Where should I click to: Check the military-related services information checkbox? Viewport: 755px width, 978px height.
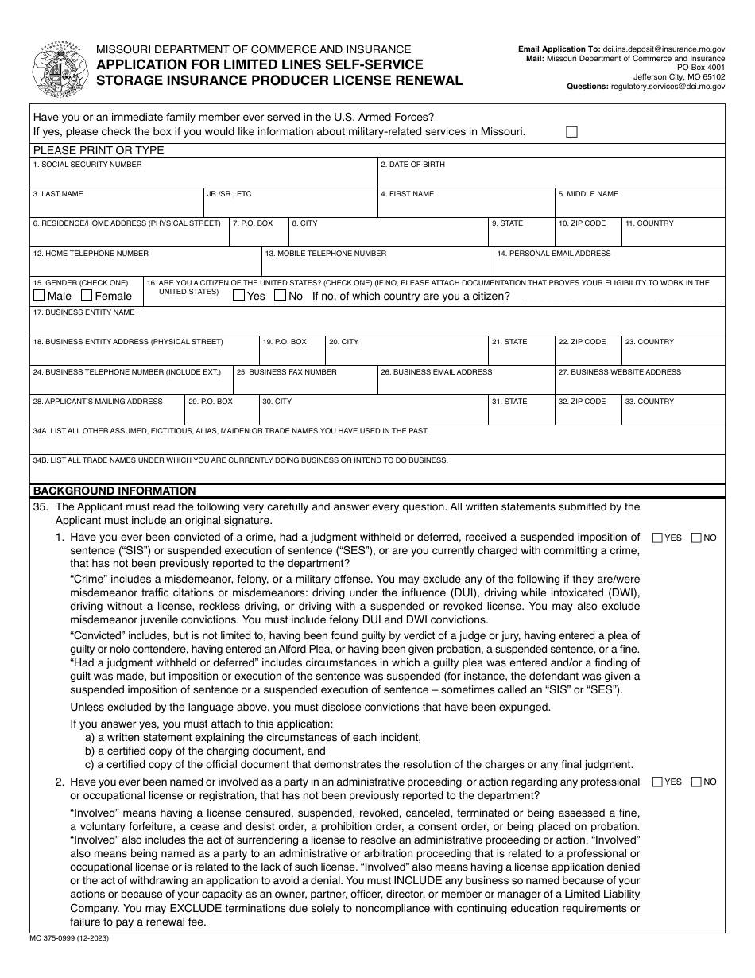[x=571, y=133]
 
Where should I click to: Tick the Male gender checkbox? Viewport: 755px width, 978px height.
[x=39, y=296]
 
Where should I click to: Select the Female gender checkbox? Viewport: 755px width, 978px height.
[x=87, y=296]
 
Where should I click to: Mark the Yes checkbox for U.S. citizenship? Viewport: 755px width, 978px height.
[x=238, y=296]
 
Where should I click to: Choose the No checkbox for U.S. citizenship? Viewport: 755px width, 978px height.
[x=279, y=296]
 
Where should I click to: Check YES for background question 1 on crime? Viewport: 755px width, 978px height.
[x=657, y=538]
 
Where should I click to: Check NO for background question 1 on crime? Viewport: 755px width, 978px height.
[x=696, y=538]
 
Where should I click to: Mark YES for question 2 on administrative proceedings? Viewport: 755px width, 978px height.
[x=657, y=782]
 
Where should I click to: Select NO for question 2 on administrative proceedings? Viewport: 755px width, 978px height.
[x=696, y=782]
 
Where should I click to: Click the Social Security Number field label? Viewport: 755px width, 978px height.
[x=87, y=165]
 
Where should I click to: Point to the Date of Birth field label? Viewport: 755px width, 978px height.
[x=412, y=165]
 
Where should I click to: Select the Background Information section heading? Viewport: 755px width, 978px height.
[x=114, y=491]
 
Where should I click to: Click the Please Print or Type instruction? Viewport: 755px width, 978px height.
[x=99, y=150]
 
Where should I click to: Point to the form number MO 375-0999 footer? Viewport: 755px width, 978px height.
[x=71, y=939]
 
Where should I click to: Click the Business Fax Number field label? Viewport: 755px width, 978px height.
[x=287, y=372]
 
